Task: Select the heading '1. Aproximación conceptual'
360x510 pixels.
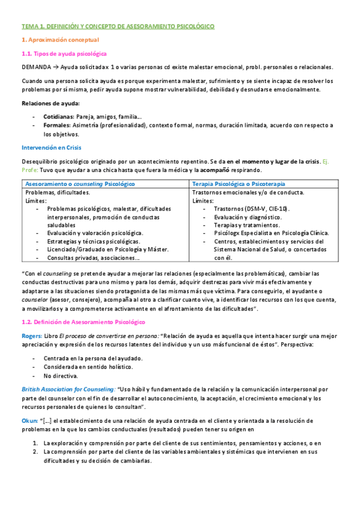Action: (x=56, y=40)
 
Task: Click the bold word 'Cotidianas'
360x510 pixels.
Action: (x=58, y=116)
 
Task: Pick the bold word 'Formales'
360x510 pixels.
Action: (x=56, y=125)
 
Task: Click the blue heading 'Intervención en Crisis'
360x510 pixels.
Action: (x=51, y=147)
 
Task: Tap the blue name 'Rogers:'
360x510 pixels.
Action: (x=32, y=336)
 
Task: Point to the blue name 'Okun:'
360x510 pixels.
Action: (x=29, y=422)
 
